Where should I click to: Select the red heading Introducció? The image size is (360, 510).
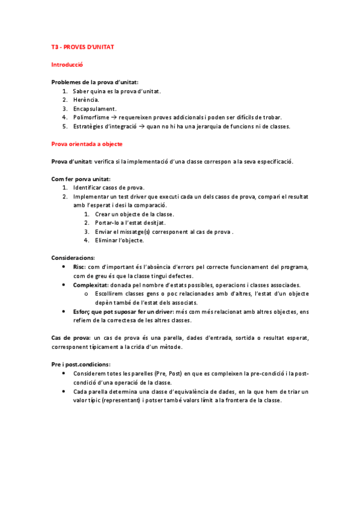(67, 64)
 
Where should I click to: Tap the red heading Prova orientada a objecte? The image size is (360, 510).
(87, 144)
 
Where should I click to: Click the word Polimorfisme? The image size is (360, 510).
(92, 118)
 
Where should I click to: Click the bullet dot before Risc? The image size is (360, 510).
(65, 267)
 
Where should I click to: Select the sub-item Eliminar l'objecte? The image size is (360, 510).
(119, 241)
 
